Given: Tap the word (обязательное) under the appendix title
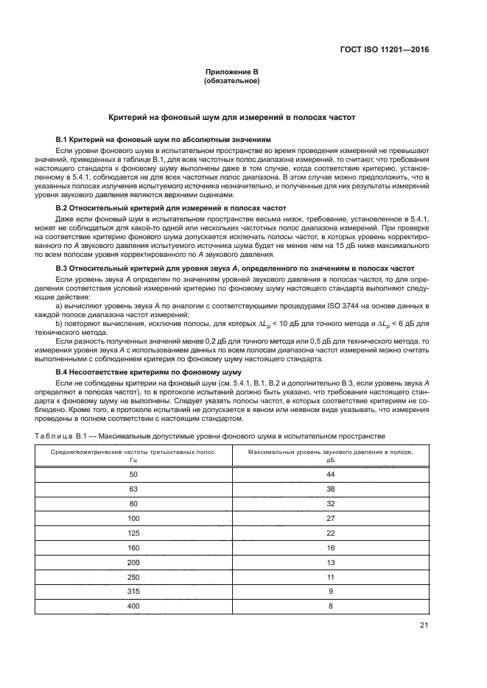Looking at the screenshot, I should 231,81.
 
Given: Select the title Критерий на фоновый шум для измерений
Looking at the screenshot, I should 231,117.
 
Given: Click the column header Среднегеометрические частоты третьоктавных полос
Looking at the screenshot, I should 133,455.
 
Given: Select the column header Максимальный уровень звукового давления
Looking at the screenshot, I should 331,455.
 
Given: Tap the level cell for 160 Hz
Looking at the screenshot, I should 331,548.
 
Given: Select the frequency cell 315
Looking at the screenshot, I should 133,592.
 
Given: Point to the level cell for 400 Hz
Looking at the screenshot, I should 331,606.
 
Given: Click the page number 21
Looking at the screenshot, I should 424,626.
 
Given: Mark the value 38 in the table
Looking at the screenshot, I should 331,491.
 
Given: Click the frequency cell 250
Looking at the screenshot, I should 133,577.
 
